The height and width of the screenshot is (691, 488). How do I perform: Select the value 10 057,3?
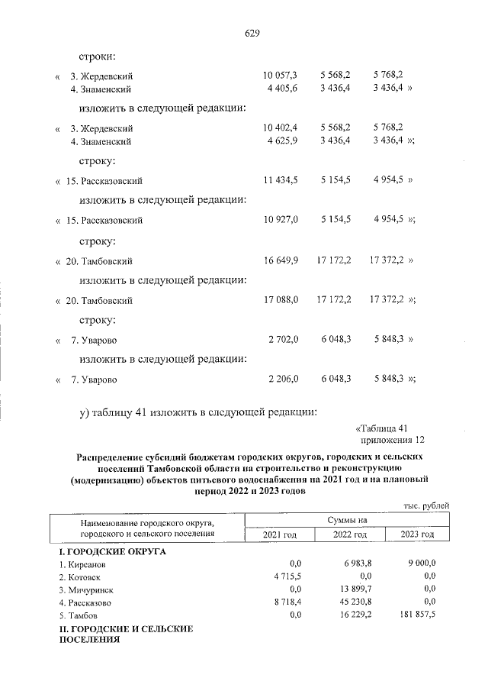pyautogui.click(x=280, y=75)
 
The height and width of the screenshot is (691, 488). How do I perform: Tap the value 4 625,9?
pyautogui.click(x=281, y=141)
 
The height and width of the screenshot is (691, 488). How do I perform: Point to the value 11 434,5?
pyautogui.click(x=280, y=181)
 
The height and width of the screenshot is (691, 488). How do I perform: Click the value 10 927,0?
pyautogui.click(x=280, y=220)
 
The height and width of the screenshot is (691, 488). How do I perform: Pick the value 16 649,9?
pyautogui.click(x=280, y=261)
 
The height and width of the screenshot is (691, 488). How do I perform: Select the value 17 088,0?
pyautogui.click(x=280, y=300)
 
